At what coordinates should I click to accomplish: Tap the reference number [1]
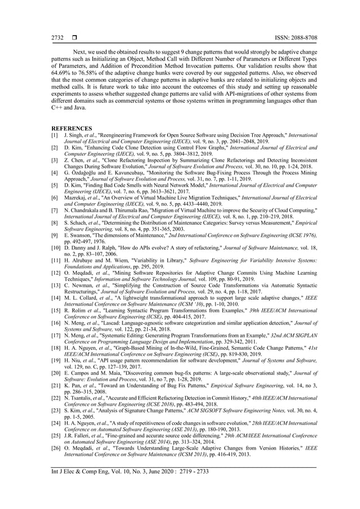point(55,136)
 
